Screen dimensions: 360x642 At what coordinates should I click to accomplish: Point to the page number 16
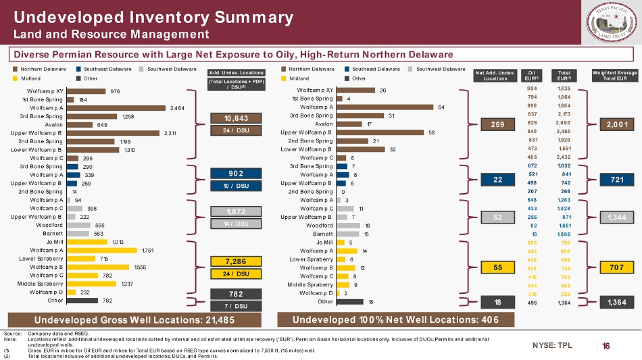click(x=606, y=346)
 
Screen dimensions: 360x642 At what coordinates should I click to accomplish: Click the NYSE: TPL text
click(x=552, y=345)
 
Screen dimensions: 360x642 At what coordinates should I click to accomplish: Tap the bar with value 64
click(x=385, y=107)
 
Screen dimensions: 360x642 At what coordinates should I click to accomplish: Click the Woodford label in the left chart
click(x=51, y=225)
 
